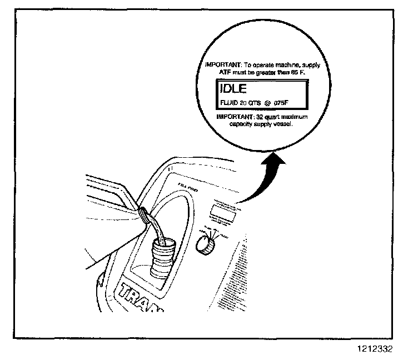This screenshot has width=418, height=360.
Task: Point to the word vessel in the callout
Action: [283, 124]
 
